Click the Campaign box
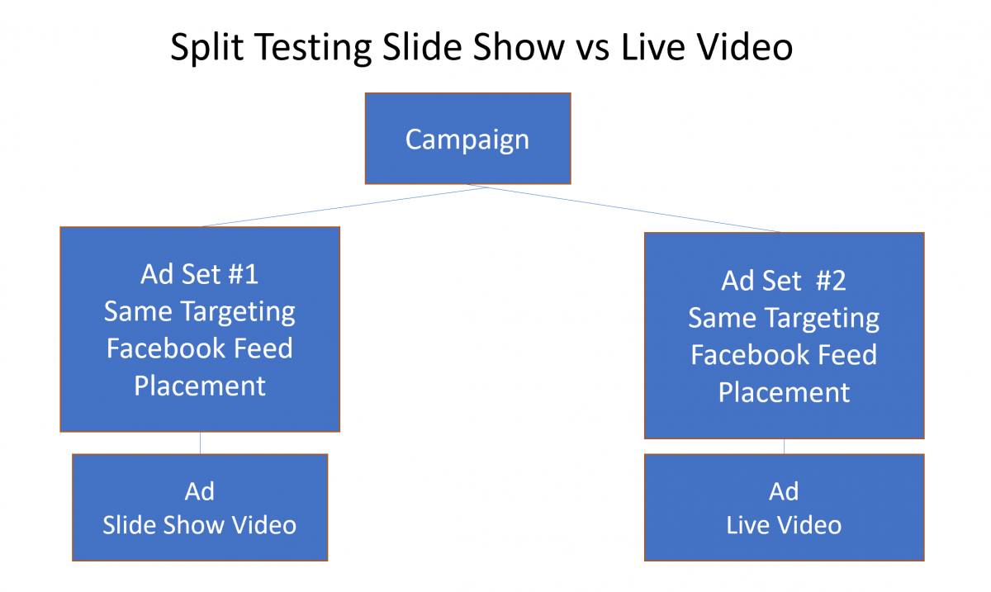point(467,139)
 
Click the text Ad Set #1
point(200,274)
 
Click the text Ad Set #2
point(784,281)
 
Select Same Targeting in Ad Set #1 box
point(200,311)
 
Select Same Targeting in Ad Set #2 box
point(784,318)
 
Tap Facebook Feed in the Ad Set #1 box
point(200,348)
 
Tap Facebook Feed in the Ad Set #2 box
point(784,355)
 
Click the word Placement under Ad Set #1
point(200,386)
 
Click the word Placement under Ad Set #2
point(784,392)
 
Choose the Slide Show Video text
point(200,525)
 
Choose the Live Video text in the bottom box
point(784,525)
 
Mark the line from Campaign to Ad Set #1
point(343,206)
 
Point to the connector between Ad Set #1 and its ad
point(200,443)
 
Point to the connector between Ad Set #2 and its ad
point(784,446)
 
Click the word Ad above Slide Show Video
point(200,492)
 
